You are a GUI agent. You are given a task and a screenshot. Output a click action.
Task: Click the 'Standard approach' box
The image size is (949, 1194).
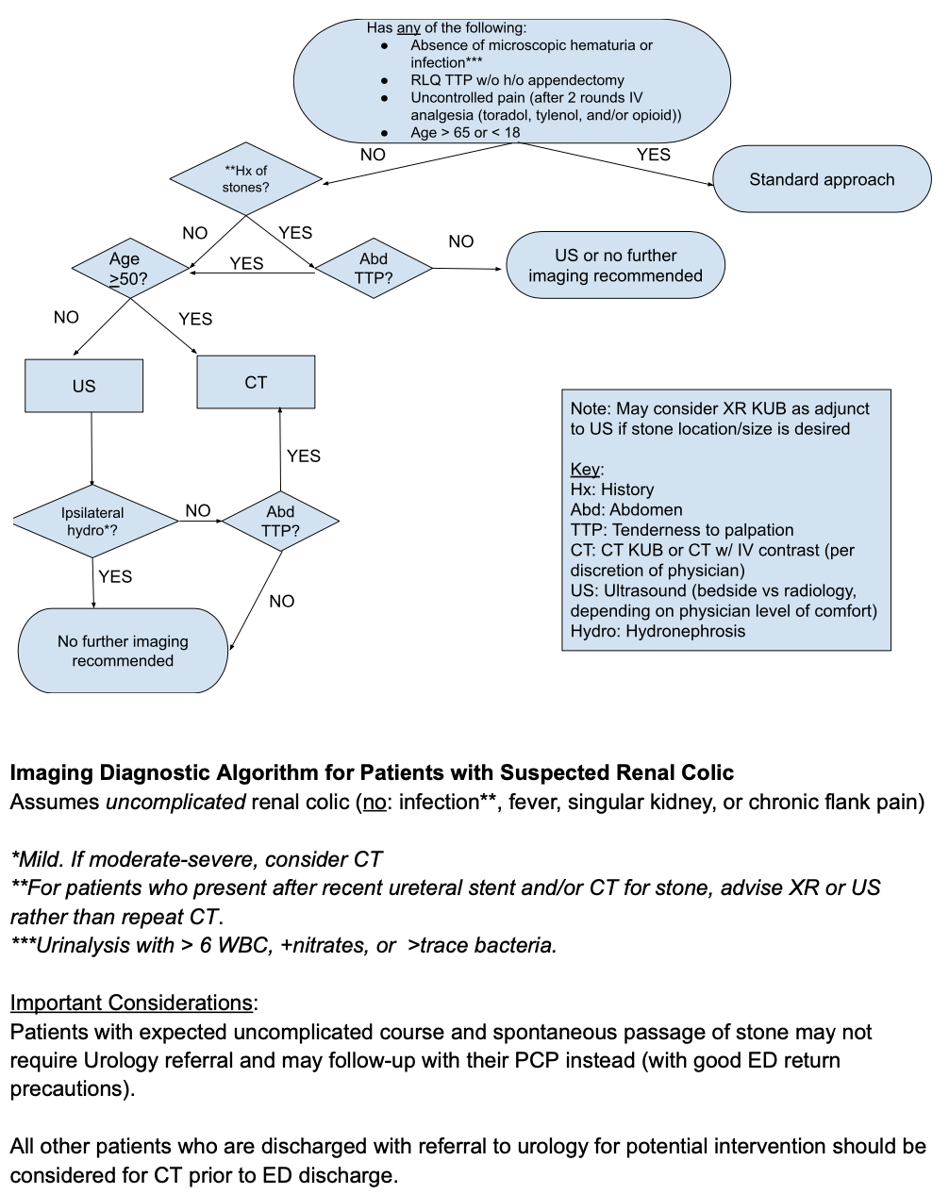click(x=822, y=179)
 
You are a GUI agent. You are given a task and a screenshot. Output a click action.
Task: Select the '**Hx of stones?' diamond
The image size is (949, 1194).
click(x=246, y=179)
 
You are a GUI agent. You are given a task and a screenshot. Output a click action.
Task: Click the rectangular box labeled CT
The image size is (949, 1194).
click(x=256, y=382)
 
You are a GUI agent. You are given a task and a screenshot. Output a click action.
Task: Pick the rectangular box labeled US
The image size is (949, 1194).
click(x=84, y=386)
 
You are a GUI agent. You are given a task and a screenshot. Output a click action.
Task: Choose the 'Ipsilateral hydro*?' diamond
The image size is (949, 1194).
click(x=92, y=521)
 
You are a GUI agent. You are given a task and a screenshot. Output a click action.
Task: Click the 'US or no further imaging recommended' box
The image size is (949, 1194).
click(x=615, y=265)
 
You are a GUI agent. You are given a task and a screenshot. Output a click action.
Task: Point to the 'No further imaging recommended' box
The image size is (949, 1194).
click(x=123, y=651)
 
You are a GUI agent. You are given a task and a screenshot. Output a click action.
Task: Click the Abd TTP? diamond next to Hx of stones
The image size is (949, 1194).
click(x=374, y=268)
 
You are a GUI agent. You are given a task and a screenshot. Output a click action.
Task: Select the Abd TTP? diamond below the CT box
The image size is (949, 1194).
click(x=280, y=521)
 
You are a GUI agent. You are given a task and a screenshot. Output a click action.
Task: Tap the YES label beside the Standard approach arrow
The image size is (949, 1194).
click(x=653, y=154)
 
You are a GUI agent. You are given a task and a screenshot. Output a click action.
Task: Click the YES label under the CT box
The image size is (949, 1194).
click(x=303, y=456)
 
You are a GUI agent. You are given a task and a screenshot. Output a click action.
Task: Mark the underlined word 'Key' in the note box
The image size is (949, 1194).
click(x=585, y=469)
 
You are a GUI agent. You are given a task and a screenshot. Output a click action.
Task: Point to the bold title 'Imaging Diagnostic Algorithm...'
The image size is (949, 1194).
click(x=372, y=772)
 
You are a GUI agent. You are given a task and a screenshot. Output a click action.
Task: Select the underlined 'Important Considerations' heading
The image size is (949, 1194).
click(x=131, y=1003)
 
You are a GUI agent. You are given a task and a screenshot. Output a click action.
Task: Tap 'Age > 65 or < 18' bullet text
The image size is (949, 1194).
click(x=465, y=132)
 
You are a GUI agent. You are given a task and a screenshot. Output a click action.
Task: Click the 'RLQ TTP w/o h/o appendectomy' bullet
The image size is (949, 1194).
click(x=517, y=80)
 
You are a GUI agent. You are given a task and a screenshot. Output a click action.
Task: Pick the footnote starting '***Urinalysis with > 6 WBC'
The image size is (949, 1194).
click(x=283, y=945)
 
